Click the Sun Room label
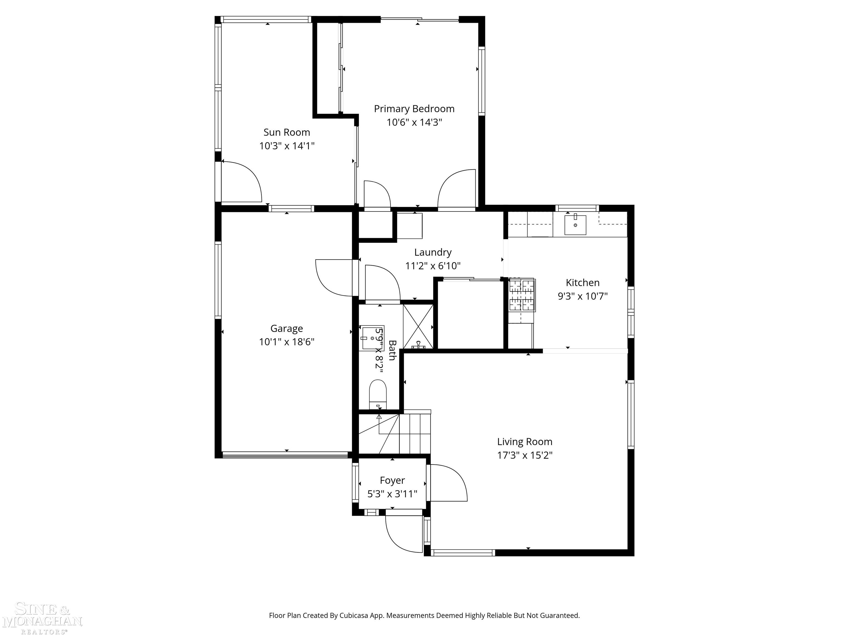pyautogui.click(x=286, y=132)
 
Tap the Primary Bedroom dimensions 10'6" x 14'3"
pyautogui.click(x=414, y=122)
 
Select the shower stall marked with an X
pyautogui.click(x=418, y=326)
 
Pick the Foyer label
pyautogui.click(x=392, y=480)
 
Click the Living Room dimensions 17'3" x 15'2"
pyautogui.click(x=525, y=455)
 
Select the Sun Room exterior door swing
pyautogui.click(x=241, y=182)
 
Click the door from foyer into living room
pyautogui.click(x=447, y=483)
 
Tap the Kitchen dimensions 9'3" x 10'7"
pyautogui.click(x=582, y=296)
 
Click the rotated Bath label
pyautogui.click(x=392, y=350)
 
